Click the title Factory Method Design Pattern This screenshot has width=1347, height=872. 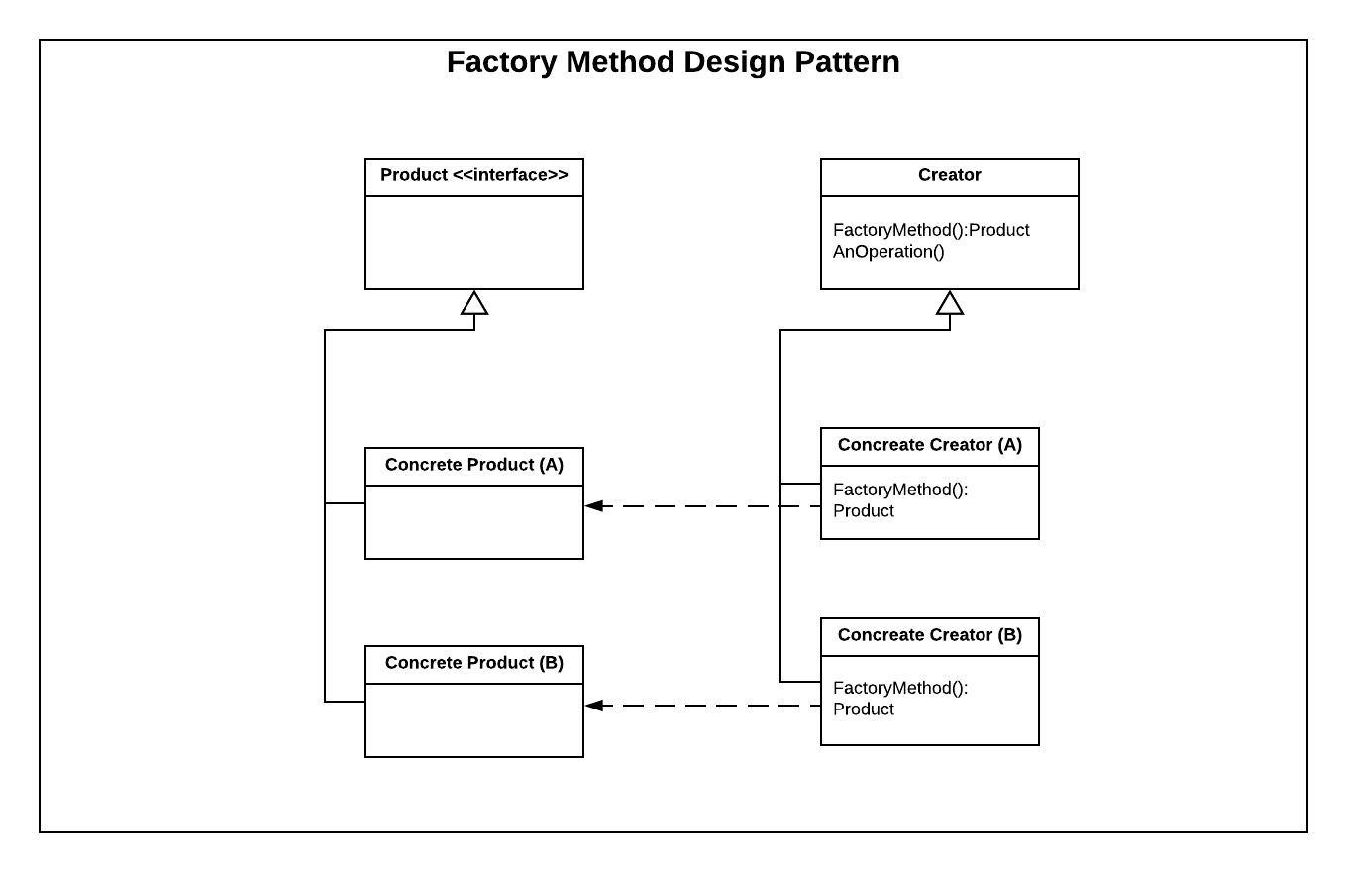pos(673,62)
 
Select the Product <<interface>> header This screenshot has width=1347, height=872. pos(474,175)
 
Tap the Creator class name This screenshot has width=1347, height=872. pos(949,175)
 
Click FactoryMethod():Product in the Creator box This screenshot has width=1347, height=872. pos(931,230)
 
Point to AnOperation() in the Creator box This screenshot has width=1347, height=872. pos(888,252)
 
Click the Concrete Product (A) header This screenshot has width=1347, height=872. pos(474,465)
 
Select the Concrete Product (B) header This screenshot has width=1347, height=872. pos(474,663)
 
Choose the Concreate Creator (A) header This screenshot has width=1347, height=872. pos(929,445)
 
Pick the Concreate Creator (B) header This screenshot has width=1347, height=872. pos(929,635)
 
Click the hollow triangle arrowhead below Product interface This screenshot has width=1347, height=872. pos(474,303)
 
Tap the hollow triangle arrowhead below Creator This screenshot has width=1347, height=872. pos(950,303)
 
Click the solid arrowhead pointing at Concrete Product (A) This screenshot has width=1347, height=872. pos(594,506)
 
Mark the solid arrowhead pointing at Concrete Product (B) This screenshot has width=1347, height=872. pos(594,706)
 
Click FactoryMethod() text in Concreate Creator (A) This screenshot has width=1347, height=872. pos(900,490)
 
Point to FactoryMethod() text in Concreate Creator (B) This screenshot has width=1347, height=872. pos(900,688)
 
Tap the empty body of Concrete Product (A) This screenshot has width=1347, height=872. pos(474,522)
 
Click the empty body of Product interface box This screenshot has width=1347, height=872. pos(474,243)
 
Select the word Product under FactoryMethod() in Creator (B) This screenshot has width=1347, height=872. pos(864,709)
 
